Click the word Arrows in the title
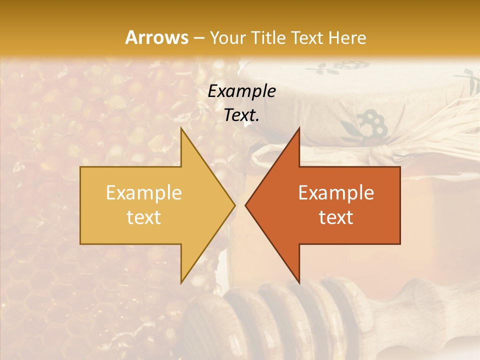click(x=156, y=37)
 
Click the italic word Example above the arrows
click(x=241, y=91)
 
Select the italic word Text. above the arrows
click(x=241, y=115)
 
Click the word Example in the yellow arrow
click(x=143, y=193)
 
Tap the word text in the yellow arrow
click(x=143, y=217)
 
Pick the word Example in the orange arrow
click(x=336, y=193)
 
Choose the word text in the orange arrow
click(x=336, y=217)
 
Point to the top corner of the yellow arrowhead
click(x=181, y=129)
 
